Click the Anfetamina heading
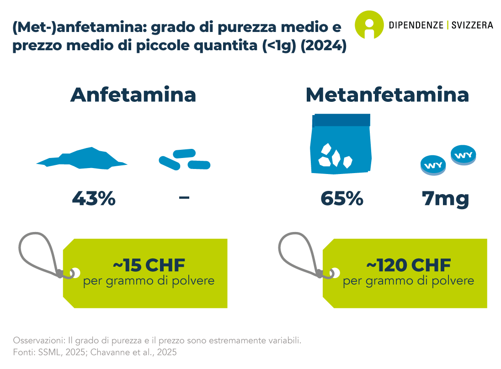pos(133,95)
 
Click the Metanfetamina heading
pos(387,95)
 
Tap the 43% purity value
pos(94,199)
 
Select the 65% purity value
pos(342,199)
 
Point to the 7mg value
pos(445,199)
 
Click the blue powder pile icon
pos(82,158)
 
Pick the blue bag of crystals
pos(341,144)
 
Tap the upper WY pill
pos(464,155)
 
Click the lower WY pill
pos(433,165)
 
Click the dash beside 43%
pos(184,198)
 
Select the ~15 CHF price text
pos(149,265)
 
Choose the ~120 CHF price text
pos(409,265)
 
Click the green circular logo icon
pos(369,25)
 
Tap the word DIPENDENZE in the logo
pos(416,25)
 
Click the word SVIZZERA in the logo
pos(472,25)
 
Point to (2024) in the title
pos(324,46)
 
